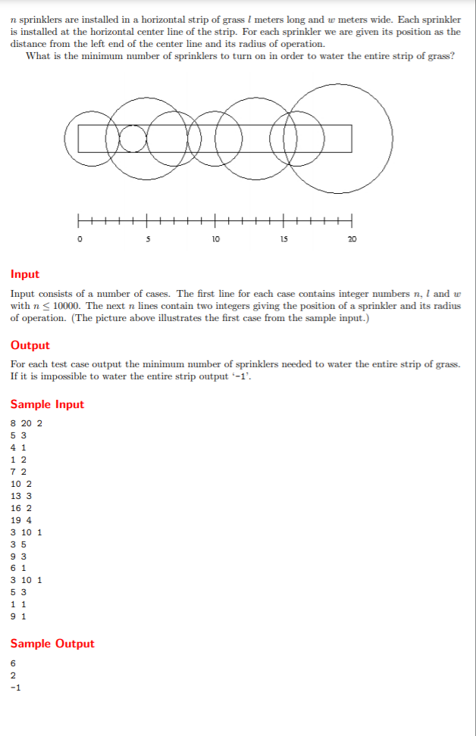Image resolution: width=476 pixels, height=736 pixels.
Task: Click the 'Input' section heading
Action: (x=25, y=274)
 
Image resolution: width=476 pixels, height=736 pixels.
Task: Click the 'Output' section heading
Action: (x=30, y=345)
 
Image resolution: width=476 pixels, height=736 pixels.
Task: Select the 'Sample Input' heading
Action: (x=47, y=404)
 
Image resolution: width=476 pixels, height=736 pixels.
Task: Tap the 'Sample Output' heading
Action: (x=52, y=644)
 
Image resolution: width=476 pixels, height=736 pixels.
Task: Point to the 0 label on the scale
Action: (x=78, y=240)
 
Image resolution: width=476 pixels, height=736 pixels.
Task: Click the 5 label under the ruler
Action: (x=147, y=240)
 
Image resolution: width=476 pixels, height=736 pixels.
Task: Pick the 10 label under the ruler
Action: (x=215, y=240)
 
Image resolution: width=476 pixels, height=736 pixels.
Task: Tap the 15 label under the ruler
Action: (x=283, y=240)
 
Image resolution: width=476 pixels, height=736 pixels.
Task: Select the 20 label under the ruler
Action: (x=352, y=240)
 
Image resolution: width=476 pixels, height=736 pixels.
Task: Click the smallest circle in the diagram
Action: (x=133, y=139)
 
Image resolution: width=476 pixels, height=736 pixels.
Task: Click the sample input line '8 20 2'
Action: (x=27, y=423)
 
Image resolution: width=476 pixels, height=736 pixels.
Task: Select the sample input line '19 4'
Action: (x=20, y=520)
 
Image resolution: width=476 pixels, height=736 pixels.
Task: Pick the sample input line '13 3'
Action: (x=20, y=496)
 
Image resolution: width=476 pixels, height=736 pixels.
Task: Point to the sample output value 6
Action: (x=13, y=663)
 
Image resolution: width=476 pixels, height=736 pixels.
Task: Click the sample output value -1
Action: (x=15, y=687)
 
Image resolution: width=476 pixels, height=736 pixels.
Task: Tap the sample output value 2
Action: (x=13, y=675)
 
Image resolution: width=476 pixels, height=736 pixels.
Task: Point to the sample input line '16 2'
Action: (x=20, y=508)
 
